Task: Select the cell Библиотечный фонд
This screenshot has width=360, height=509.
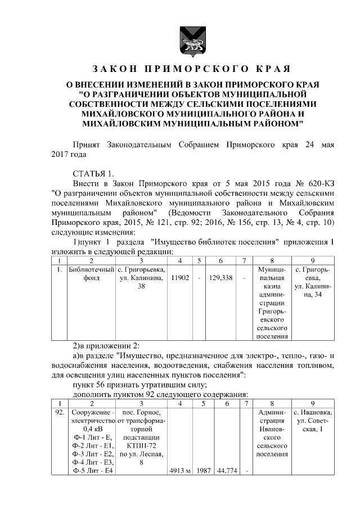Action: tap(91, 273)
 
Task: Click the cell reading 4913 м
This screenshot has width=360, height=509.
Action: tap(180, 471)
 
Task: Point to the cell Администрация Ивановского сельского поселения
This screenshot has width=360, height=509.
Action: tap(272, 433)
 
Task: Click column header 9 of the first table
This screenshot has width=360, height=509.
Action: tap(312, 260)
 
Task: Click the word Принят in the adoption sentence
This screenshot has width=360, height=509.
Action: tap(88, 145)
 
